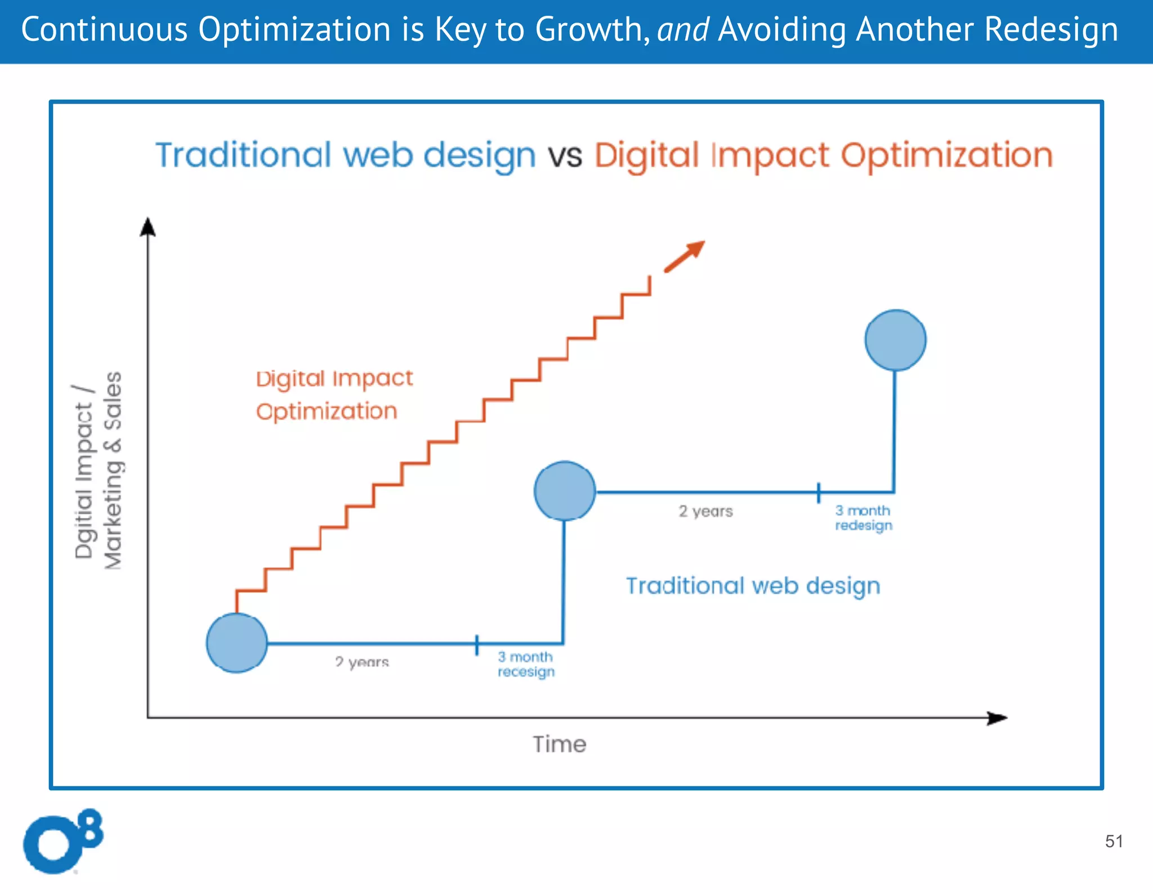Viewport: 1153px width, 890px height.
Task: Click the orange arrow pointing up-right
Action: coord(685,257)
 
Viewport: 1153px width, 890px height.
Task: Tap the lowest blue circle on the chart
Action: coord(236,642)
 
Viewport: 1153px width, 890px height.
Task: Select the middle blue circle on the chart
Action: coord(564,491)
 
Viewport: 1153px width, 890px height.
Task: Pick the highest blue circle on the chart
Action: coord(895,340)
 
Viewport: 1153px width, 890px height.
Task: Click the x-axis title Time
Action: coord(560,744)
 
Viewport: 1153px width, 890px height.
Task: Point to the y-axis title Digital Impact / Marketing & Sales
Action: coord(98,471)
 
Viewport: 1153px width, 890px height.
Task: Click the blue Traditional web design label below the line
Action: coord(753,586)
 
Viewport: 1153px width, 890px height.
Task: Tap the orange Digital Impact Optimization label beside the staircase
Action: coord(334,395)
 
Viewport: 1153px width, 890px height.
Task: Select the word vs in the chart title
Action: coord(565,155)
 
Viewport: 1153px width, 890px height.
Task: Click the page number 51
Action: coord(1114,841)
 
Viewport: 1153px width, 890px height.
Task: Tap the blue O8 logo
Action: coord(62,842)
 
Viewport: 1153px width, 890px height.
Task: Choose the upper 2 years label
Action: coord(705,511)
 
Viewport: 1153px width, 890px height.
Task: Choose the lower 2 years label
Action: coord(361,662)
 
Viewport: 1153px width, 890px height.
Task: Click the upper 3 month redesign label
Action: coord(863,518)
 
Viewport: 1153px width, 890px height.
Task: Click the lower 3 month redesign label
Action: coord(526,664)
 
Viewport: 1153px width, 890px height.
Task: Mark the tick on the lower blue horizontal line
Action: coord(477,645)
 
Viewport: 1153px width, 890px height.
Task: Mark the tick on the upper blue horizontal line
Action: coord(819,492)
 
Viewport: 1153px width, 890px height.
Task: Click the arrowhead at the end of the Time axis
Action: coord(997,718)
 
